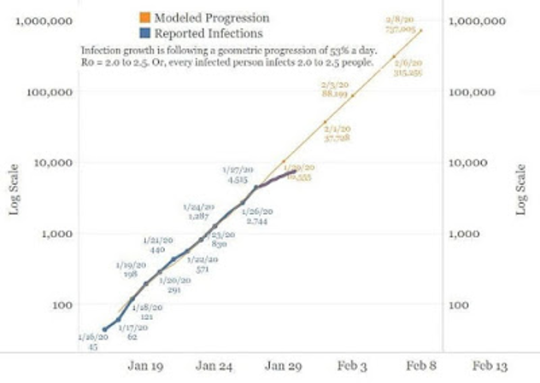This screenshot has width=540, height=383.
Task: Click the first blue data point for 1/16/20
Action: [105, 329]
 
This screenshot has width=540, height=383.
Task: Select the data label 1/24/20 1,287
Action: [197, 212]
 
